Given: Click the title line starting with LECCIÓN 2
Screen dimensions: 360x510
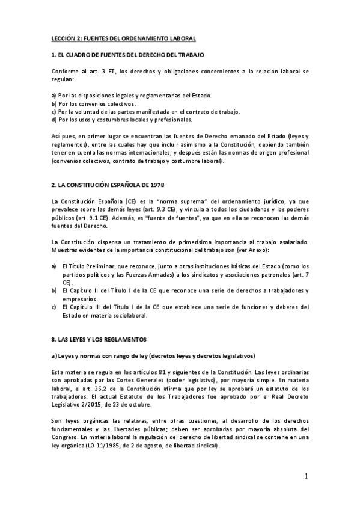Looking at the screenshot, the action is point(123,38).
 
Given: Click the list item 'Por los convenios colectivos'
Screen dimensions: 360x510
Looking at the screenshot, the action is point(93,103).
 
